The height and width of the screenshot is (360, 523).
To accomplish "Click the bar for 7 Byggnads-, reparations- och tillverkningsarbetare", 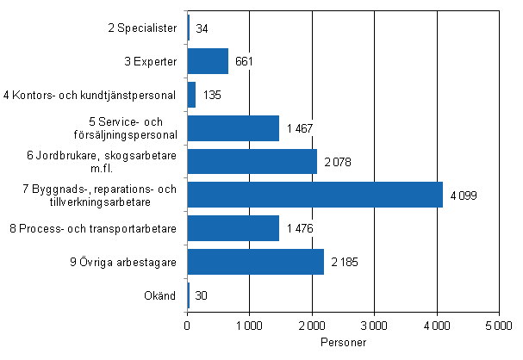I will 314,195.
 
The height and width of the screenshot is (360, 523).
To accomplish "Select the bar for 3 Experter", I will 208,61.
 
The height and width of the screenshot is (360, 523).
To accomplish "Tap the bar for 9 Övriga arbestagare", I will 255,262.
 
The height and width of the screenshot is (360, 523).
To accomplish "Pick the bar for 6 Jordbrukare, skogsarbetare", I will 252,161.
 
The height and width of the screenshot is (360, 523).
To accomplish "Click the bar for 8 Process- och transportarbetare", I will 233,228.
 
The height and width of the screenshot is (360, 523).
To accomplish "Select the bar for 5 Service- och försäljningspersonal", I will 233,127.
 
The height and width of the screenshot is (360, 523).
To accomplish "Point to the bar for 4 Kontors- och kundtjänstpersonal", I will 191,95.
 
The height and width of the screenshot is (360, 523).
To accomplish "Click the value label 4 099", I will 464,196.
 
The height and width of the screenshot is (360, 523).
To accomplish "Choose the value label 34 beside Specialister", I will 202,28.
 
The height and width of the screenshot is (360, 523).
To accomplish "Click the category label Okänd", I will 164,295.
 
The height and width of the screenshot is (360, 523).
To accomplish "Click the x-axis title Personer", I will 342,342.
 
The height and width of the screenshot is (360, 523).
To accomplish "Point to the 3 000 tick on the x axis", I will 374,326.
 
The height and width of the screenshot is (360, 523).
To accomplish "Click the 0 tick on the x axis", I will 187,326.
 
